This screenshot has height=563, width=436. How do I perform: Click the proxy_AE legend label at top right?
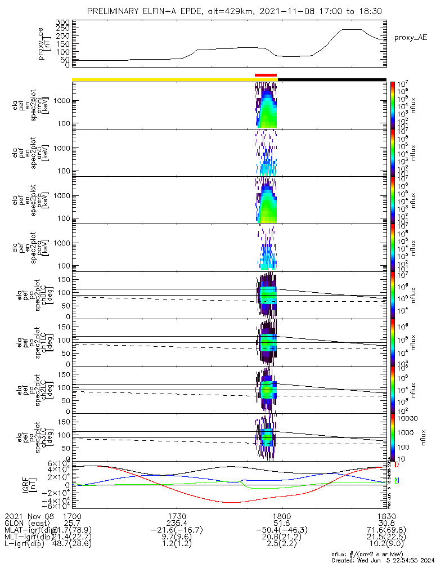(x=411, y=37)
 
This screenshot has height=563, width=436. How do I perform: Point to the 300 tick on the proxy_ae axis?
(x=63, y=22)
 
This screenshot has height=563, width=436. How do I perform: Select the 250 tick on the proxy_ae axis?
(x=63, y=29)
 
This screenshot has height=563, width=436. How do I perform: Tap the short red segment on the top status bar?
(x=266, y=75)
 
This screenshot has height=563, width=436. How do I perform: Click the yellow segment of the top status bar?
(x=163, y=79)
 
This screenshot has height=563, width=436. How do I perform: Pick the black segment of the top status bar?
(x=332, y=79)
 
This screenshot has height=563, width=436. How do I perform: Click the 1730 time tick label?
(x=177, y=516)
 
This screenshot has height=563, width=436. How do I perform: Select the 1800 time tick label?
(x=281, y=516)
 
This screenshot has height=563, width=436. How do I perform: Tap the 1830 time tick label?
(x=386, y=516)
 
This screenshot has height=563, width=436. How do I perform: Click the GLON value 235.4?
(x=177, y=524)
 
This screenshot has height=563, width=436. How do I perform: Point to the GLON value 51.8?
(x=281, y=524)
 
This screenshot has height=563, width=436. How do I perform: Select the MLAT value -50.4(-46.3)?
(x=281, y=532)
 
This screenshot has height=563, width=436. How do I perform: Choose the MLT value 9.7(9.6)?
(x=177, y=540)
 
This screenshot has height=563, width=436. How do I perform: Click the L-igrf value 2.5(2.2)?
(x=281, y=548)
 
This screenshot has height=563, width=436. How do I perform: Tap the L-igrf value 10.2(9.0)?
(x=386, y=548)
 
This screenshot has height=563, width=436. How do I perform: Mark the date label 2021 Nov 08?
(x=28, y=516)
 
